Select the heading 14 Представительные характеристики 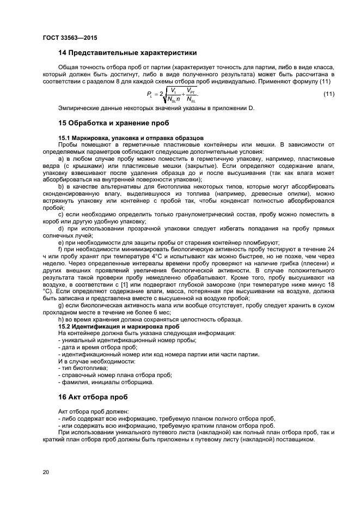127,53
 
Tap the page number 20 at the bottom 45,472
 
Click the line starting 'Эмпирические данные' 156,108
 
